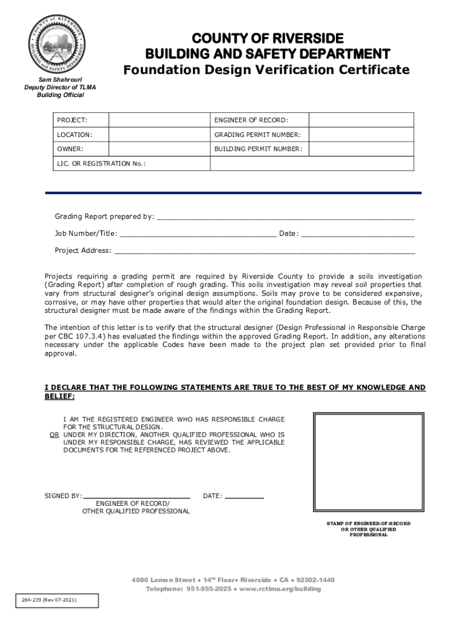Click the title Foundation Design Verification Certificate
[266, 70]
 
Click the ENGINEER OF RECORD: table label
[251, 120]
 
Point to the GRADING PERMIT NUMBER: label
[257, 135]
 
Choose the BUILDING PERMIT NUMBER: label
[258, 149]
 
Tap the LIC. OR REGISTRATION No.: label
[101, 164]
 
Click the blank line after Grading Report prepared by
[285, 217]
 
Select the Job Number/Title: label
[86, 233]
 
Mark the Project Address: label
[83, 250]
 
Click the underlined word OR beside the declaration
[54, 435]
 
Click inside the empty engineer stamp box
[368, 464]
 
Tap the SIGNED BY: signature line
[137, 495]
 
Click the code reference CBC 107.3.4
[75, 336]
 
